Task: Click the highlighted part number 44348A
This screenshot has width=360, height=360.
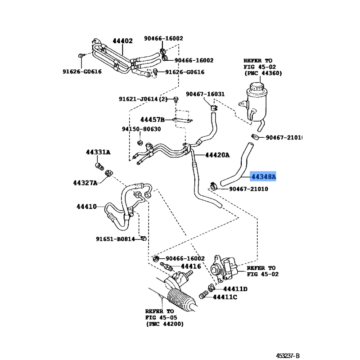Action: tap(263, 177)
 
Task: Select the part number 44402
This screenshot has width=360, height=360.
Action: tap(122, 41)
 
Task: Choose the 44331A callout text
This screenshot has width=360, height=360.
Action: tap(98, 153)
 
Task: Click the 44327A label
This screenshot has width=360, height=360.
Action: tap(85, 183)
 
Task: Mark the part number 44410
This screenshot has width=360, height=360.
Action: tap(86, 207)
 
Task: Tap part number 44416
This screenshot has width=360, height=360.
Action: tap(191, 266)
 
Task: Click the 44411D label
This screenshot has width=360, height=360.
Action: tap(236, 289)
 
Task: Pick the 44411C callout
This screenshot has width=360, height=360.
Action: tap(225, 297)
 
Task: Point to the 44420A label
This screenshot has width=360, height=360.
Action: tap(217, 155)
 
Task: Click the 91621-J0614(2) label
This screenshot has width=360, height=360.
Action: tap(143, 99)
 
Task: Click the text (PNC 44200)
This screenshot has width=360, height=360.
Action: tap(164, 324)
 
